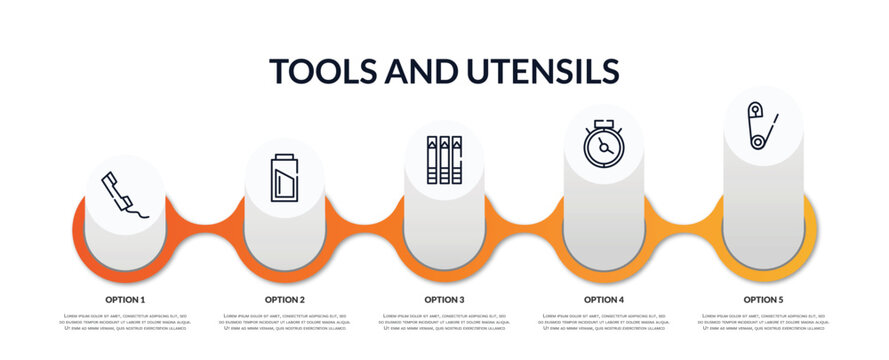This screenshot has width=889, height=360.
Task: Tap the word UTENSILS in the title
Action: point(544,70)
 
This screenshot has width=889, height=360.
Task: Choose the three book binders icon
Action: point(444,160)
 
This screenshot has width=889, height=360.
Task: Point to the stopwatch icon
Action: point(604,144)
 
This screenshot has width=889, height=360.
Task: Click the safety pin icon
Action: point(762,126)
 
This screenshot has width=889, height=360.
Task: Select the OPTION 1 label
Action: point(125,299)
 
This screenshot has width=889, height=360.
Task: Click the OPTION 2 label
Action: point(285,299)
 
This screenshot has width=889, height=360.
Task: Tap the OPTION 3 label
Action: point(444,299)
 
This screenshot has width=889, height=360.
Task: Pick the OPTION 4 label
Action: point(604,299)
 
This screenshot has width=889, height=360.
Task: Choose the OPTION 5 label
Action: point(763,299)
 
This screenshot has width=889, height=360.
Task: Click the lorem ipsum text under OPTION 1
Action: point(125,322)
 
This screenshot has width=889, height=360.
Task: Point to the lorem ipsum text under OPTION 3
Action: point(444,322)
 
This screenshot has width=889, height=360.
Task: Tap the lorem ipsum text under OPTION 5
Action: point(763,322)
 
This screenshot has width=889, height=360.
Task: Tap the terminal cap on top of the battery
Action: point(285,156)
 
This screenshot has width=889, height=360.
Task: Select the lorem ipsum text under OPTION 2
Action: point(285,322)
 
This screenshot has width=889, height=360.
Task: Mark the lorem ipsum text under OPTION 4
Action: point(604,322)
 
